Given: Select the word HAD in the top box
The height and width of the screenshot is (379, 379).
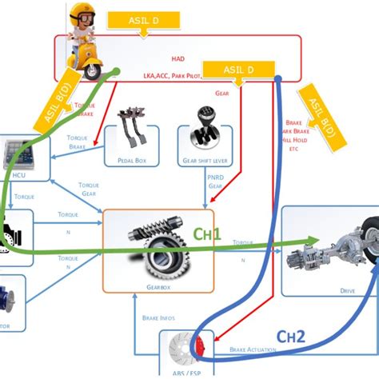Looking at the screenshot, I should (x=178, y=58).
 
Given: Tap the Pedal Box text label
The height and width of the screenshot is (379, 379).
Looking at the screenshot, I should (x=131, y=160).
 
